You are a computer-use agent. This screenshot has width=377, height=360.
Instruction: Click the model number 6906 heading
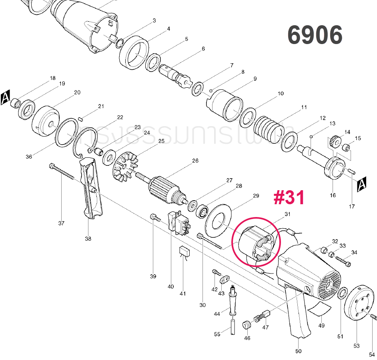tap(315, 35)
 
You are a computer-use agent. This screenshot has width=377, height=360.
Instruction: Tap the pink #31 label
tap(289, 198)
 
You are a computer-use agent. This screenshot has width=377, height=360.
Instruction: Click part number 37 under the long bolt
tap(61, 223)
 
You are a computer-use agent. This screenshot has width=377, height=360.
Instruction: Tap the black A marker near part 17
tap(362, 184)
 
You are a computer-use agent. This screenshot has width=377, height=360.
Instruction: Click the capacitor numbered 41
tap(184, 252)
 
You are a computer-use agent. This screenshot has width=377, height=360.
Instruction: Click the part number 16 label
tap(333, 195)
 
